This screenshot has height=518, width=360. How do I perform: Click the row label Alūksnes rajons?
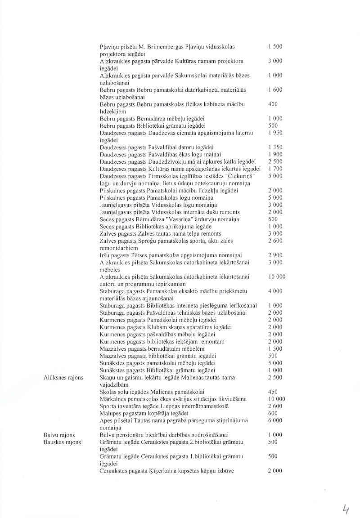(x=63, y=377)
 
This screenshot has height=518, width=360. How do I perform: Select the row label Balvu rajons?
(x=59, y=435)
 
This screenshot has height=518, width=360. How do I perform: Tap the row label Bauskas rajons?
(x=62, y=442)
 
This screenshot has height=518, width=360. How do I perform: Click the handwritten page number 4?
(x=346, y=509)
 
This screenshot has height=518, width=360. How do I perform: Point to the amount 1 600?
(x=275, y=89)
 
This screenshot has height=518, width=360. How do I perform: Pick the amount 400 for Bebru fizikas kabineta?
(x=273, y=104)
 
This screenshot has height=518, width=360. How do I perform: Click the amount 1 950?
(x=275, y=133)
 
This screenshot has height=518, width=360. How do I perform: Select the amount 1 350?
(x=275, y=147)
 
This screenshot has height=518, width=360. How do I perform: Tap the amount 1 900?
(x=275, y=154)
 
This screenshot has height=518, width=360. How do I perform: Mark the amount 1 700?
(x=275, y=169)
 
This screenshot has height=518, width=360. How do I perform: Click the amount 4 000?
(x=275, y=291)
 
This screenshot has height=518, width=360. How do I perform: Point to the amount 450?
(x=273, y=392)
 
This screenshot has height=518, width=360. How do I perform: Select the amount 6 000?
(x=275, y=420)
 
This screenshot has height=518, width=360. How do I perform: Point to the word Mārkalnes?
(x=112, y=399)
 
